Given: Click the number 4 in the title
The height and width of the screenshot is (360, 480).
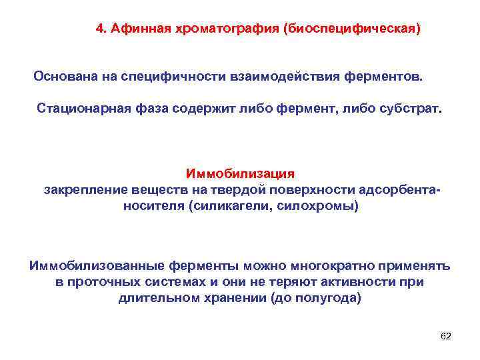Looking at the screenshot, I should (99, 29).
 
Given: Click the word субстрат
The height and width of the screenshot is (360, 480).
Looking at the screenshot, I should (405, 108).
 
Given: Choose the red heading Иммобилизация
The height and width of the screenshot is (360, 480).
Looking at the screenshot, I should (240, 174).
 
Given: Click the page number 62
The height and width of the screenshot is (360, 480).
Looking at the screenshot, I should (446, 336).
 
